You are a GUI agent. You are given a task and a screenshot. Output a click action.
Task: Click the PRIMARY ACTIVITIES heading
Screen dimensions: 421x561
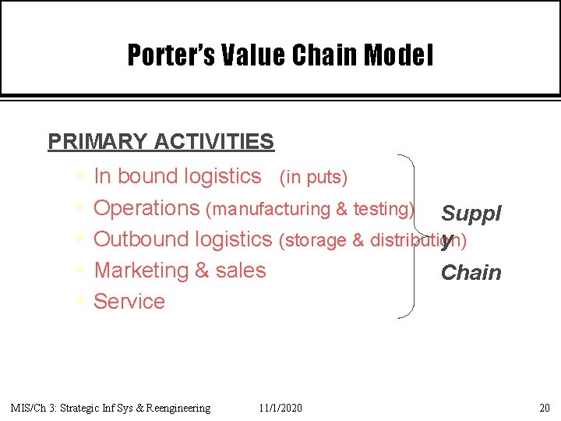pos(161,141)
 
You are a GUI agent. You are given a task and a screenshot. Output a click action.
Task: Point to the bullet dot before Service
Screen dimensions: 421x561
pos(82,302)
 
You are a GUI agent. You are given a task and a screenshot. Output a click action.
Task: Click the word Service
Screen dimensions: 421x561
pos(129,302)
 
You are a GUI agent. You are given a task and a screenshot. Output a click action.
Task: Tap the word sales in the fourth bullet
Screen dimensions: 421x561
pos(241,271)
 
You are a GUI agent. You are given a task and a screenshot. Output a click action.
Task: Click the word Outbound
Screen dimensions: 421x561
pos(142,239)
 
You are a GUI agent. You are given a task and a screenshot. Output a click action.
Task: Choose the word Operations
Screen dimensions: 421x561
pos(146,208)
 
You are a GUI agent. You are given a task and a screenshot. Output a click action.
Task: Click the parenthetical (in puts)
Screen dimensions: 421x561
pos(313,178)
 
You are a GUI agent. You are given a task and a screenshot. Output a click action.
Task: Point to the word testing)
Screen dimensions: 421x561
pos(383,209)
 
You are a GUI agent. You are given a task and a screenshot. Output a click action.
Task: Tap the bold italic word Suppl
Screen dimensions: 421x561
pos(471,213)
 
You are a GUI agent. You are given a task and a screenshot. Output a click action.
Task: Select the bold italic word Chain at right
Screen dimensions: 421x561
pos(471,272)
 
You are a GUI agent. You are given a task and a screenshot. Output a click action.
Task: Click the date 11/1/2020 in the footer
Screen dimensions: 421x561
pos(280,408)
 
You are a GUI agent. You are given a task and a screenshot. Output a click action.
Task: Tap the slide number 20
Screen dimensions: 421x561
pos(544,408)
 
